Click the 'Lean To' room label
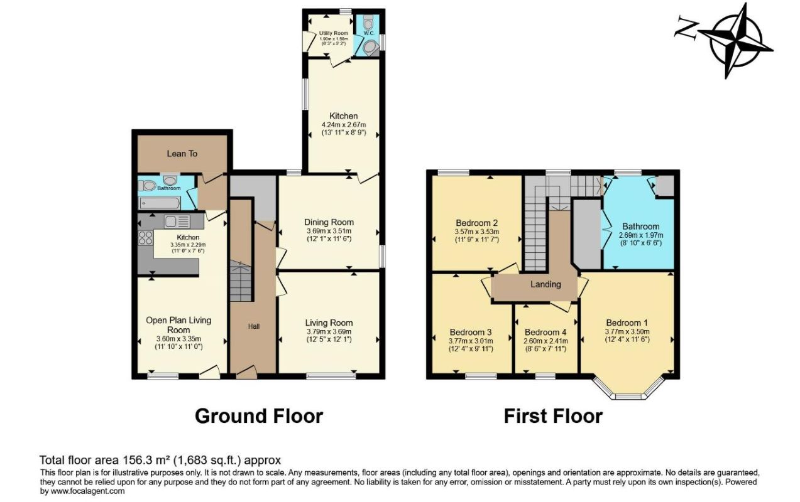(182, 154)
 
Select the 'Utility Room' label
(333, 33)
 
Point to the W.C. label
(369, 33)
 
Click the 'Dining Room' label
(329, 222)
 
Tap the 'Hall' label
(253, 326)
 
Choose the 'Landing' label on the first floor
(545, 284)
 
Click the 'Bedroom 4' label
(545, 333)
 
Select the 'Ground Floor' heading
(259, 416)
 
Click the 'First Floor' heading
(553, 416)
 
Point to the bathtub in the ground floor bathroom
(159, 203)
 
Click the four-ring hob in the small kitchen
(146, 238)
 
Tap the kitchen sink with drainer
(177, 222)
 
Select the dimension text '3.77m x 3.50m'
(627, 331)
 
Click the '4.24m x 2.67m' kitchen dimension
(344, 125)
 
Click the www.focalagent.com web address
(87, 491)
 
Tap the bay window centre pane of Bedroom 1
(628, 397)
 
